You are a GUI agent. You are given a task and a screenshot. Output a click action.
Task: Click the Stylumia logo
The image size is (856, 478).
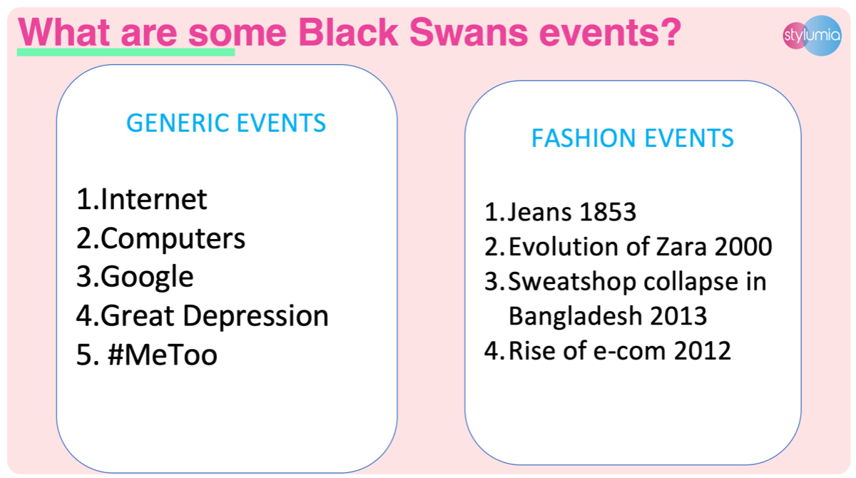coord(812,36)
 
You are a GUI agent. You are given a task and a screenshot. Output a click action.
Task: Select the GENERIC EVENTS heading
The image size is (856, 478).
coord(226,123)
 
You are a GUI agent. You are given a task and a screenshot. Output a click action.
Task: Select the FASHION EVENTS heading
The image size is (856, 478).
coord(633,138)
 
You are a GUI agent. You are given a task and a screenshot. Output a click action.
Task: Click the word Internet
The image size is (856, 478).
coord(153,199)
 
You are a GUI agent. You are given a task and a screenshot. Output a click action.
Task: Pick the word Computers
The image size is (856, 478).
coord(173,239)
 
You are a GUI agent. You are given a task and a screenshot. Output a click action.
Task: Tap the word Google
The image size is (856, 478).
coord(147,277)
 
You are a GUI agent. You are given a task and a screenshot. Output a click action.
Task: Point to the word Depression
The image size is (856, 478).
coord(255,316)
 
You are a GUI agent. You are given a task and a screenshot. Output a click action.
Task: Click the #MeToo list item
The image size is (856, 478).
coord(163,355)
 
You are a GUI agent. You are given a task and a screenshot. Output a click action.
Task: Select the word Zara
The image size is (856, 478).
coord(681,246)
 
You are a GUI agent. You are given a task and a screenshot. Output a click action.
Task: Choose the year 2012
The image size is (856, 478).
coord(703,350)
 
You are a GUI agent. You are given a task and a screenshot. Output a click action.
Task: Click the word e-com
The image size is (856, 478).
coord(629,351)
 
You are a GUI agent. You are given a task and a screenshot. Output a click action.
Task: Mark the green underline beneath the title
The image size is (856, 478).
coord(126,52)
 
